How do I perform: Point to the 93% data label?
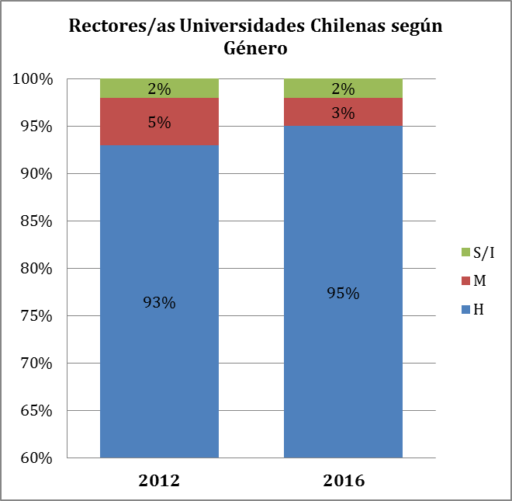(159, 303)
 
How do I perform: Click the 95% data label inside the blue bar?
(343, 294)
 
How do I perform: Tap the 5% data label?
(159, 122)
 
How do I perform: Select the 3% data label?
(343, 113)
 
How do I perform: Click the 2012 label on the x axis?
(159, 481)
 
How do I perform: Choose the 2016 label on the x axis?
(343, 481)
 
